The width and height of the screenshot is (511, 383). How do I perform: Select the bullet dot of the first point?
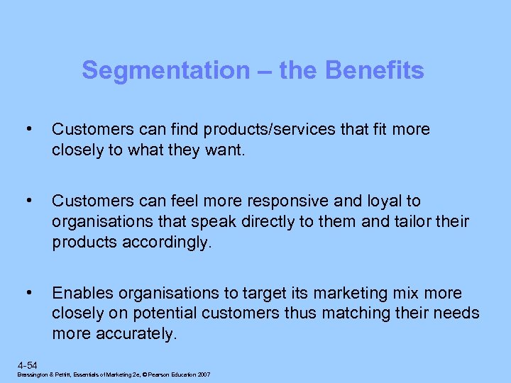(x=28, y=129)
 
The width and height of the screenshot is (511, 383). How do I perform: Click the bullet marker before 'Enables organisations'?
(x=28, y=292)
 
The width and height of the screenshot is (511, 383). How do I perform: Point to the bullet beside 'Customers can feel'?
(x=28, y=201)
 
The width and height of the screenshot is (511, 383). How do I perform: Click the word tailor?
(x=412, y=221)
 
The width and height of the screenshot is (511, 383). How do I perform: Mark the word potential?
(x=156, y=313)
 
